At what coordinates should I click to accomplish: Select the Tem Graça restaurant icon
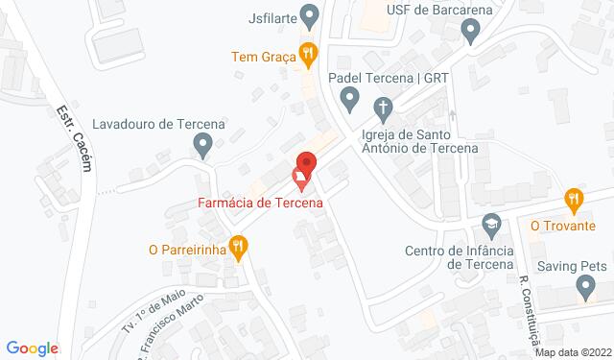click(x=307, y=55)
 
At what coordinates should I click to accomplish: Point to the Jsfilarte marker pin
click(x=309, y=15)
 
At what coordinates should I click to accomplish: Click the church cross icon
click(x=381, y=106)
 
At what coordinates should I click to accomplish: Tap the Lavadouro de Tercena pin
click(x=202, y=146)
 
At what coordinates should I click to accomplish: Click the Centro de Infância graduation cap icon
click(x=491, y=225)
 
